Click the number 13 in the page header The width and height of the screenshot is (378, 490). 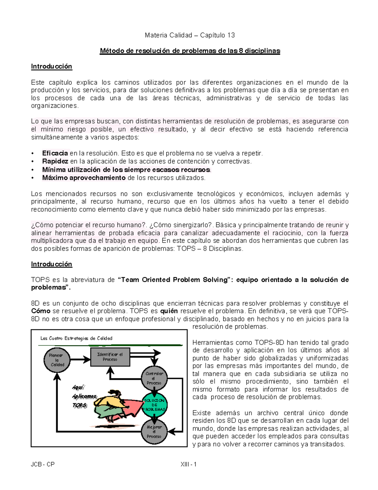(231, 35)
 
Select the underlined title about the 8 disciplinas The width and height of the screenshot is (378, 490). (190, 51)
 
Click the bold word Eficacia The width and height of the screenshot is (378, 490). (55, 153)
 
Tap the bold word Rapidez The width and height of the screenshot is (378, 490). (55, 162)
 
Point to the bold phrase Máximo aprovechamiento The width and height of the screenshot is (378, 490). (84, 178)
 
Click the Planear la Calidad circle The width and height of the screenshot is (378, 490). (57, 360)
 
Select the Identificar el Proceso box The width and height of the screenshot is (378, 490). (110, 357)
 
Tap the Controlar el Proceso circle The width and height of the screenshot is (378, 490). (154, 378)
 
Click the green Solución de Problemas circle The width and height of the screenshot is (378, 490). (154, 405)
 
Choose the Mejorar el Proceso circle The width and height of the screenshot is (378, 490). (154, 432)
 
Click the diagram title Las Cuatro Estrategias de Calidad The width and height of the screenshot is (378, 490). (76, 339)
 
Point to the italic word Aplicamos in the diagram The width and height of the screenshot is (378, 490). (84, 397)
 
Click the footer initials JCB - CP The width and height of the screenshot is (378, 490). (43, 464)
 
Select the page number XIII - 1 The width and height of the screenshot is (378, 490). (188, 464)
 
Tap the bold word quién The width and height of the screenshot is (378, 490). (169, 311)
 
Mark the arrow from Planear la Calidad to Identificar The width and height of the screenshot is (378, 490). (80, 359)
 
